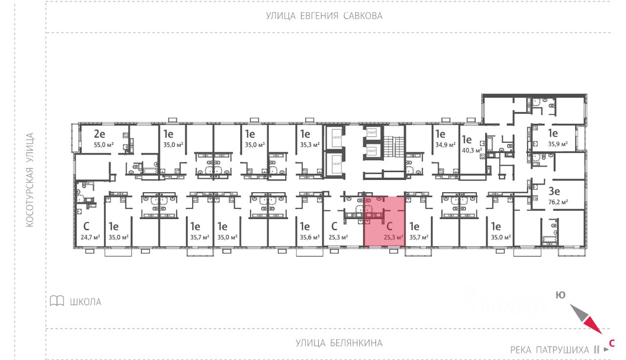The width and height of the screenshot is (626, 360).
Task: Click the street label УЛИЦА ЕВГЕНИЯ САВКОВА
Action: pos(324,16)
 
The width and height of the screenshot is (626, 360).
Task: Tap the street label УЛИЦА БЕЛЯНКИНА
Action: pos(339,343)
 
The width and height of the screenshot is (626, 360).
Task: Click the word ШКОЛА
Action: pos(86,302)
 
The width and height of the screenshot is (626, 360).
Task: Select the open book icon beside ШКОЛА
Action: pos(57,301)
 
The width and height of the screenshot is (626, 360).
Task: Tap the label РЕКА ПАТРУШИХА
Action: pos(550,350)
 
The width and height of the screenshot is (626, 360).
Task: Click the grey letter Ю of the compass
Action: pos(560,294)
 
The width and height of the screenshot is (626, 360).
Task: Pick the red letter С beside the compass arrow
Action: pos(611,343)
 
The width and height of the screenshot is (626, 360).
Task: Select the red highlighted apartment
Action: pos(384,221)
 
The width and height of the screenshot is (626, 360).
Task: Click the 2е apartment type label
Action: pos(100,134)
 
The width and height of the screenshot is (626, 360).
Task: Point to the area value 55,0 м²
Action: pos(103,145)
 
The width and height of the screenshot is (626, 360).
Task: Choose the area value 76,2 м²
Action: pos(558,202)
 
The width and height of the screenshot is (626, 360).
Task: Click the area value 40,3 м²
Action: pos(471,150)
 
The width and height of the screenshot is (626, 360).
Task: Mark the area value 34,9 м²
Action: pos(445,144)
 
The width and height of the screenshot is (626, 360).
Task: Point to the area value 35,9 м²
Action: pos(558,144)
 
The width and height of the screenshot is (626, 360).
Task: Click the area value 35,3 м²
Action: pos(309,144)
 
